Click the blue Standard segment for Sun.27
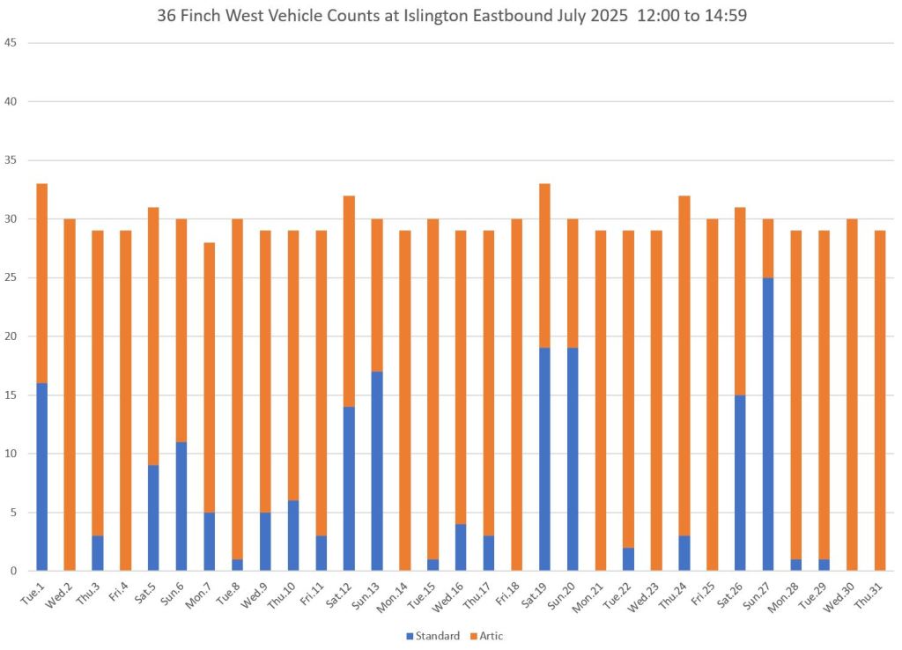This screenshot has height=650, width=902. (x=769, y=425)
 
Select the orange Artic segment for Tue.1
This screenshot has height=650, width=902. (x=41, y=284)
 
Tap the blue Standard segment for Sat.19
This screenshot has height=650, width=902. (x=545, y=460)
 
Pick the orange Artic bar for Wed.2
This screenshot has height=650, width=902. (x=70, y=395)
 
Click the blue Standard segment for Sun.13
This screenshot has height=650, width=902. (x=377, y=471)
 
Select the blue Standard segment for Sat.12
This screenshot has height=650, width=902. (x=349, y=489)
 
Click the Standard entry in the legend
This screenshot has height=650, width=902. (x=434, y=636)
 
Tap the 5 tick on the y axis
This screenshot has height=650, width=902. (x=14, y=513)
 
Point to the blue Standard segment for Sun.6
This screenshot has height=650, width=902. (x=181, y=506)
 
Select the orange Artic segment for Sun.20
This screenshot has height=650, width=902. (x=573, y=284)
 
